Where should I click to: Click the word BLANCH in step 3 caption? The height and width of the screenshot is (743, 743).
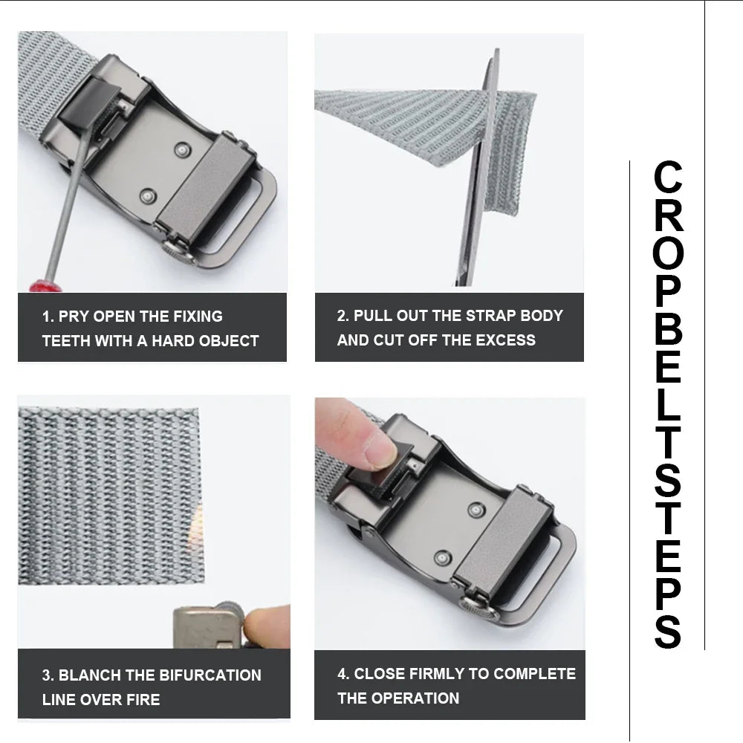click(90, 675)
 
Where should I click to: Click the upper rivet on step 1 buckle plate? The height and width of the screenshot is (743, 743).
click(181, 151)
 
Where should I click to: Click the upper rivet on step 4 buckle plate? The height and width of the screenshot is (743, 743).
click(476, 509)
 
